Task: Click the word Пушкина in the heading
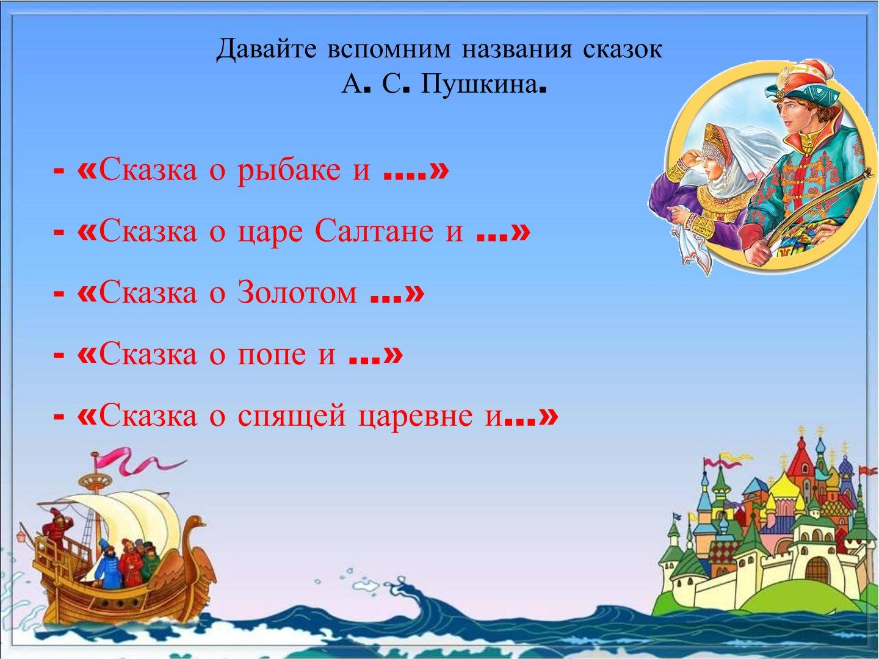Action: coord(478,85)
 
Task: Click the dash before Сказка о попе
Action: coord(59,355)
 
